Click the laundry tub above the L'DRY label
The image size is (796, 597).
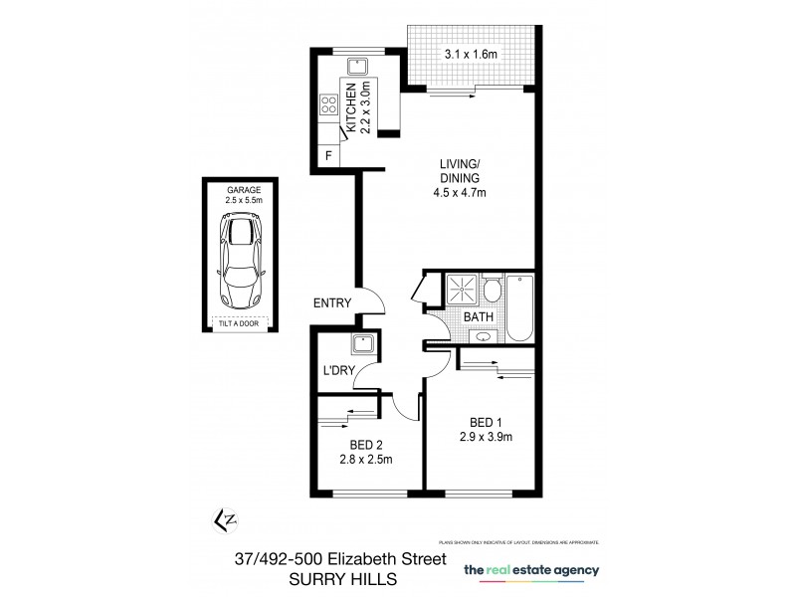[360, 346]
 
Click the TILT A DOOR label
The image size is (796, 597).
[241, 321]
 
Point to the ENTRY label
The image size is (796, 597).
[331, 303]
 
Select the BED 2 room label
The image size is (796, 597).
[366, 444]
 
